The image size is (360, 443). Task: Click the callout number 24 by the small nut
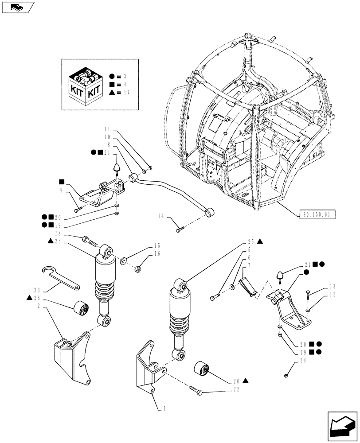(290, 361)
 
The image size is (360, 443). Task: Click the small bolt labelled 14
(179, 229)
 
